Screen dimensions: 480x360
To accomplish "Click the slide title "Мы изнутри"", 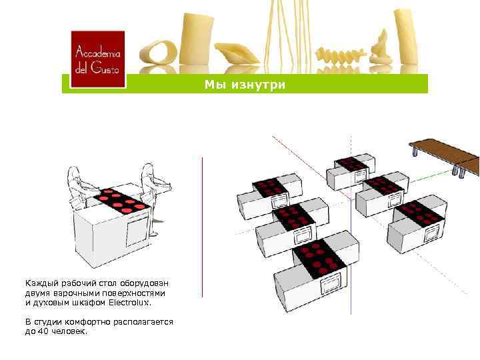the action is click(x=245, y=84).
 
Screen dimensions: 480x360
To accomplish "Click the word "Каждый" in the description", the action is click(x=41, y=283).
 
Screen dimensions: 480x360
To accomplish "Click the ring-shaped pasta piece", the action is click(x=159, y=55).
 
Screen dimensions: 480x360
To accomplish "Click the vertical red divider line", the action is click(x=202, y=233).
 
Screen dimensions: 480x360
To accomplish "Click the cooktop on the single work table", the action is click(x=121, y=199).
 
